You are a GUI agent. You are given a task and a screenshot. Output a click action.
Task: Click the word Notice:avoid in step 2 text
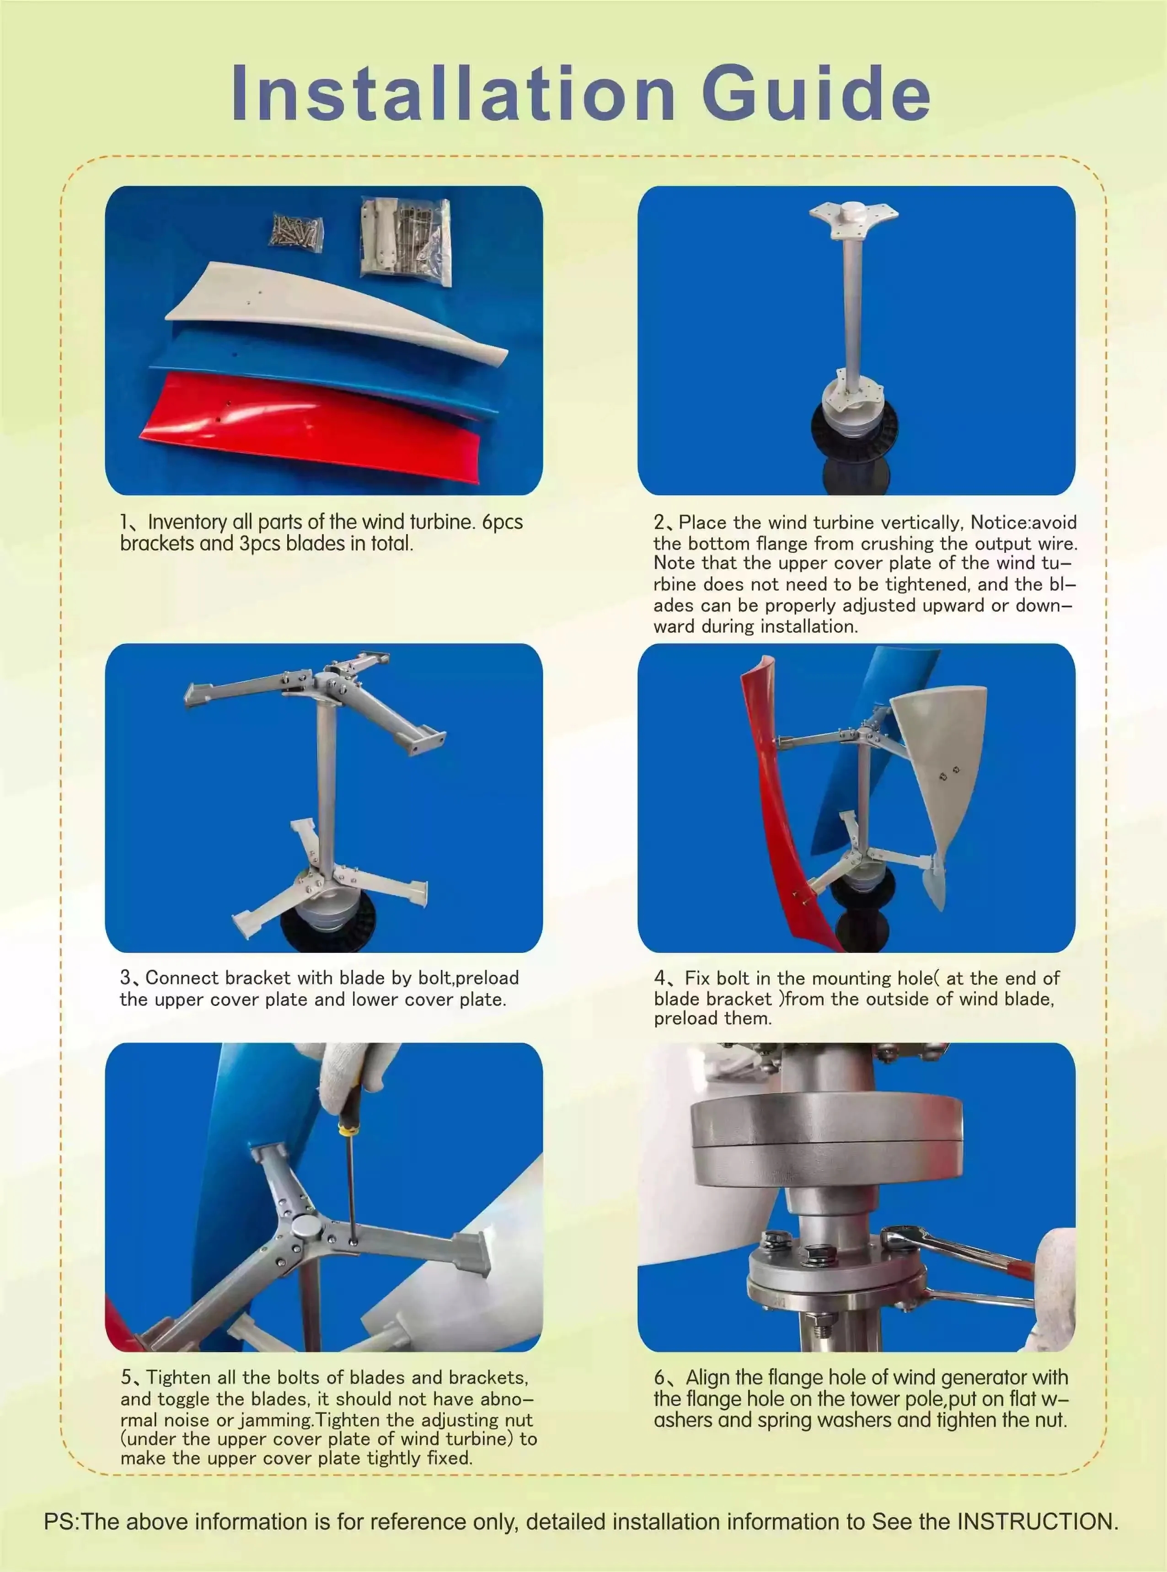(x=1023, y=523)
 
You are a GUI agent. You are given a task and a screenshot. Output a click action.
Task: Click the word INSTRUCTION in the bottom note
(x=1037, y=1521)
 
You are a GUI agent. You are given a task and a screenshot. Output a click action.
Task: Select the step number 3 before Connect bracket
(x=125, y=978)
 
